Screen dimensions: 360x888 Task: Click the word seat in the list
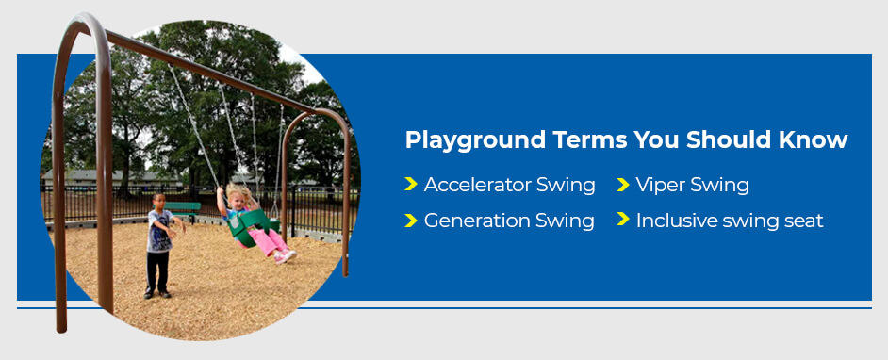click(x=804, y=221)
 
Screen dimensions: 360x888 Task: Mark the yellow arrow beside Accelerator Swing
click(x=410, y=184)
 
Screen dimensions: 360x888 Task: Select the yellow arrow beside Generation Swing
click(x=410, y=220)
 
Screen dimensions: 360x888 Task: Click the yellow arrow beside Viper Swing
click(x=622, y=184)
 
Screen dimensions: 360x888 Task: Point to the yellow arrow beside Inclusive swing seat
click(x=622, y=220)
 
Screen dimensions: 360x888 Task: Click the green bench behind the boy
click(x=184, y=205)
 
